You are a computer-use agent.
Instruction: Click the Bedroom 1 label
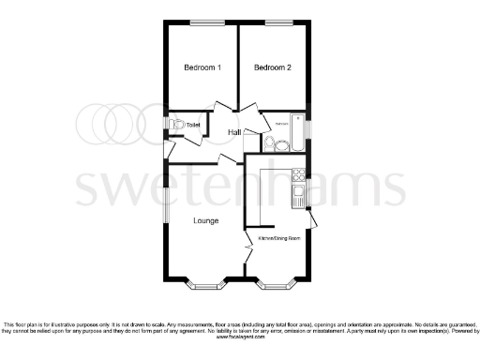[x=202, y=67]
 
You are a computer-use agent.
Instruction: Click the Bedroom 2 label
[x=273, y=67]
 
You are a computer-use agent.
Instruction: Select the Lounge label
[x=206, y=221]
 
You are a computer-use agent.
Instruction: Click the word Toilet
[x=193, y=125]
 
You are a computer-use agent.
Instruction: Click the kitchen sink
[x=298, y=195]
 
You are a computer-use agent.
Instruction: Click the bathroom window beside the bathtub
[x=310, y=126]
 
